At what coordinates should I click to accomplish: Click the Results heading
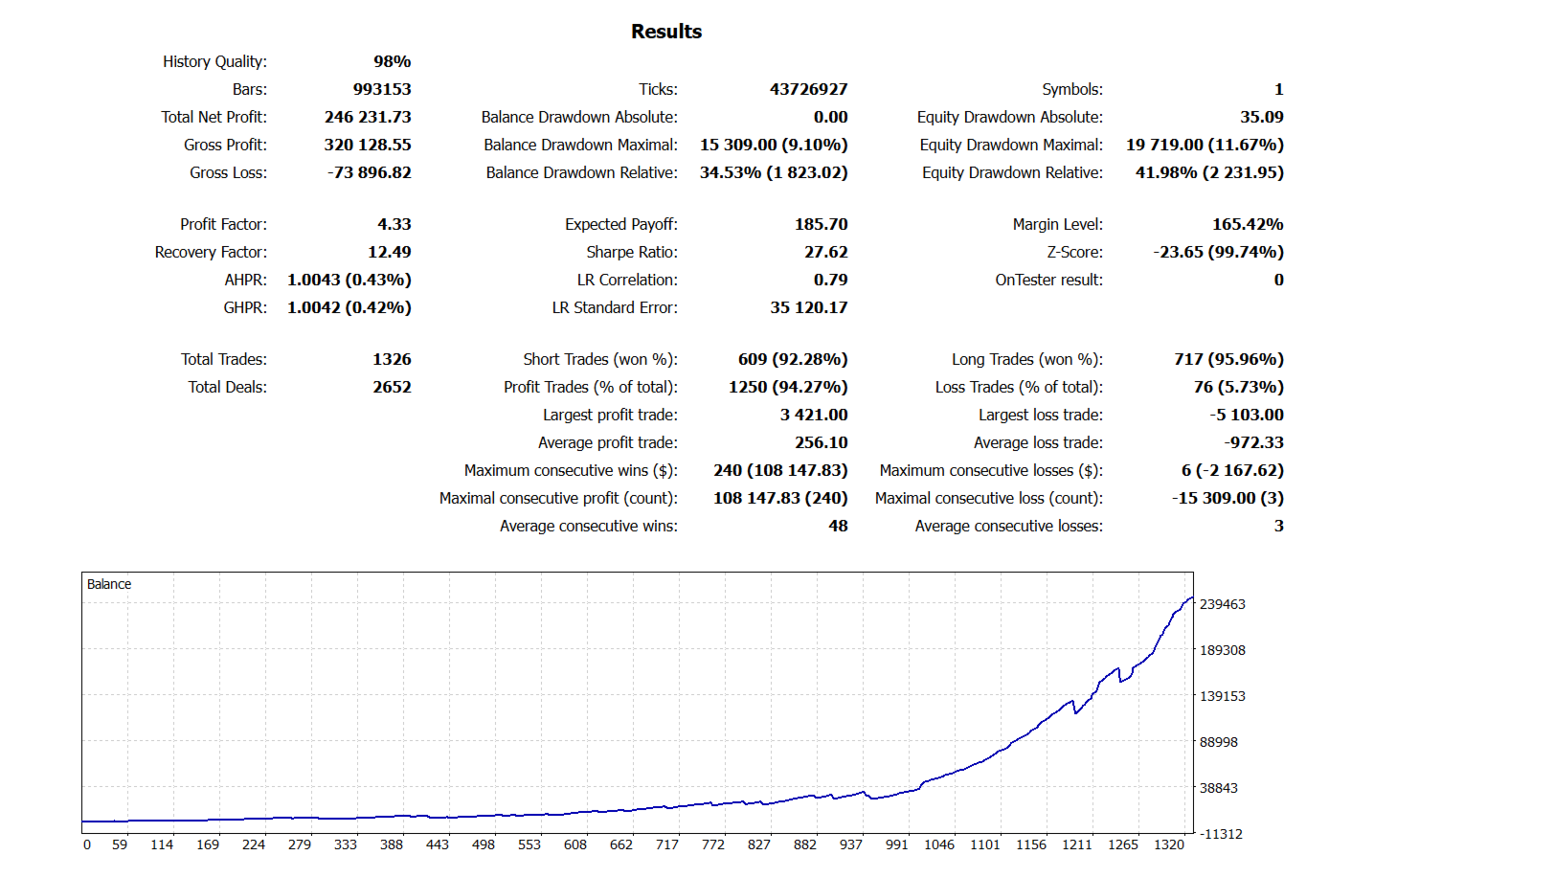(x=666, y=32)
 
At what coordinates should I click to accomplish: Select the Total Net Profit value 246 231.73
(x=368, y=117)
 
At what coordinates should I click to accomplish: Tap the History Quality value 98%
(x=392, y=61)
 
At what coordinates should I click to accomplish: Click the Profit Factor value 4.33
(x=394, y=224)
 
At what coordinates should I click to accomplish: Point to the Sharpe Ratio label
(x=631, y=252)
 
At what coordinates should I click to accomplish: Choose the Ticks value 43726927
(x=808, y=89)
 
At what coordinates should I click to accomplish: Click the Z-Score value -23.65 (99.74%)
(x=1218, y=252)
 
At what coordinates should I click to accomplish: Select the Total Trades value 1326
(x=392, y=359)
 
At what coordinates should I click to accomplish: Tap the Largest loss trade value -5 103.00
(x=1246, y=415)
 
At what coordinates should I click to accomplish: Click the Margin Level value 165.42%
(x=1248, y=224)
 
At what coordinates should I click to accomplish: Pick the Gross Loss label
(x=228, y=172)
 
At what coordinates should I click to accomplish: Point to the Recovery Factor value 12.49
(x=389, y=252)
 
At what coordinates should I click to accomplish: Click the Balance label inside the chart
(x=109, y=584)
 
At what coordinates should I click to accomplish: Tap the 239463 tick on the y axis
(x=1222, y=604)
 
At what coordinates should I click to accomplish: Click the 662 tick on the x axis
(x=621, y=844)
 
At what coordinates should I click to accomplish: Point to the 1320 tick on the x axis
(x=1169, y=844)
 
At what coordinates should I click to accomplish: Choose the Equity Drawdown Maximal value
(x=1205, y=145)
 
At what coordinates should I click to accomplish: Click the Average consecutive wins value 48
(x=838, y=526)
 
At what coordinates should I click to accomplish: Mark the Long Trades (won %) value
(x=1228, y=359)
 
